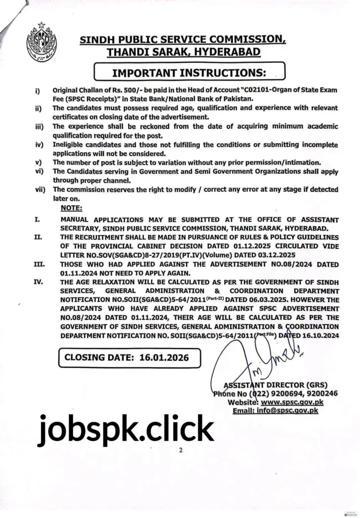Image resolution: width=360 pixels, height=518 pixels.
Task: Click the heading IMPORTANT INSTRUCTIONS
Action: pyautogui.click(x=190, y=72)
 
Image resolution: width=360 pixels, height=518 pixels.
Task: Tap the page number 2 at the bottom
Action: pyautogui.click(x=180, y=450)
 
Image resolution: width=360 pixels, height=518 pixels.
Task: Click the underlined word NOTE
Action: pyautogui.click(x=72, y=208)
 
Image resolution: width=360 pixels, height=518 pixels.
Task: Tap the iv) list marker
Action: pyautogui.click(x=38, y=145)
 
